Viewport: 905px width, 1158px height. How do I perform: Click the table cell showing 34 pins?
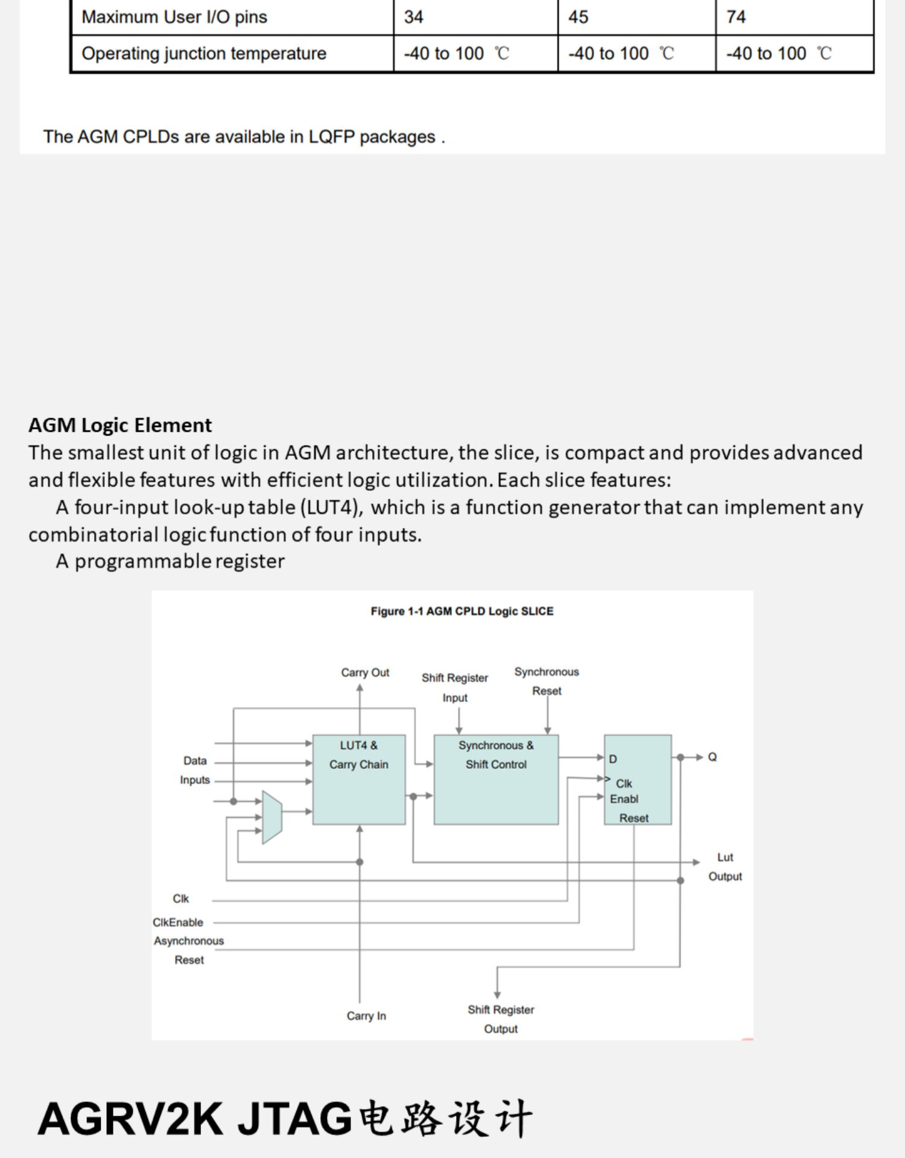click(475, 17)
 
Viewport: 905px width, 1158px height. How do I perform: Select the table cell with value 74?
click(795, 17)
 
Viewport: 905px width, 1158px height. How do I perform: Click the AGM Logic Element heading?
click(120, 425)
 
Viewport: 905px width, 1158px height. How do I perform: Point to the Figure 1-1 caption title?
click(462, 611)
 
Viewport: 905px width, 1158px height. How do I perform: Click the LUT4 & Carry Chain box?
click(359, 779)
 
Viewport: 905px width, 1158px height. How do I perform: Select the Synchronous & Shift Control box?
click(496, 779)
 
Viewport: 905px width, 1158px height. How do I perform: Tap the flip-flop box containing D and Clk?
click(638, 779)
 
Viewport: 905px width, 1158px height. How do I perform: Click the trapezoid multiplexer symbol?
click(272, 817)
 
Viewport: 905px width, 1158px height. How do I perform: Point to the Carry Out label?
click(365, 672)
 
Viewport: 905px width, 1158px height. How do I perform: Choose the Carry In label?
click(366, 1016)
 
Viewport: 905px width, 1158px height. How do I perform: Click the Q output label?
click(713, 757)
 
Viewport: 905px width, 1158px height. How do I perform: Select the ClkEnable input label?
click(178, 922)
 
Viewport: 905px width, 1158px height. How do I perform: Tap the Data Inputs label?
click(195, 770)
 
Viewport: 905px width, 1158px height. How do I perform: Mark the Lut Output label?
click(725, 867)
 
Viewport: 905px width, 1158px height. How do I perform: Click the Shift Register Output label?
click(501, 1019)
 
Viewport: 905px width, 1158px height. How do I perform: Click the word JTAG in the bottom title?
click(295, 1119)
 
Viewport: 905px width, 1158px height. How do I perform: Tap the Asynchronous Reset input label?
click(189, 950)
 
